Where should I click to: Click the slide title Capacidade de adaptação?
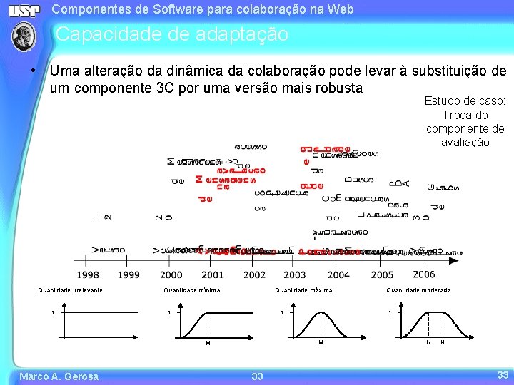pos(172,34)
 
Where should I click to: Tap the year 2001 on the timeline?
pos(212,274)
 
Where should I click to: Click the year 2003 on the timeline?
pos(294,274)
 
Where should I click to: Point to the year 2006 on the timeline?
pos(423,274)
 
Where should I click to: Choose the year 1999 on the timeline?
pos(128,274)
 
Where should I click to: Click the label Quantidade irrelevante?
pos(70,290)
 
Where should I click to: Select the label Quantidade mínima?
pos(191,290)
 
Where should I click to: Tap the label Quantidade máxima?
pos(303,290)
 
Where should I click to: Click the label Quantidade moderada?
pos(418,290)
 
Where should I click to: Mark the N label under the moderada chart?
pos(443,343)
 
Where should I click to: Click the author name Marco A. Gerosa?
pos(59,376)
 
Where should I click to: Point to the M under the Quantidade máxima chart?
pos(321,343)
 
